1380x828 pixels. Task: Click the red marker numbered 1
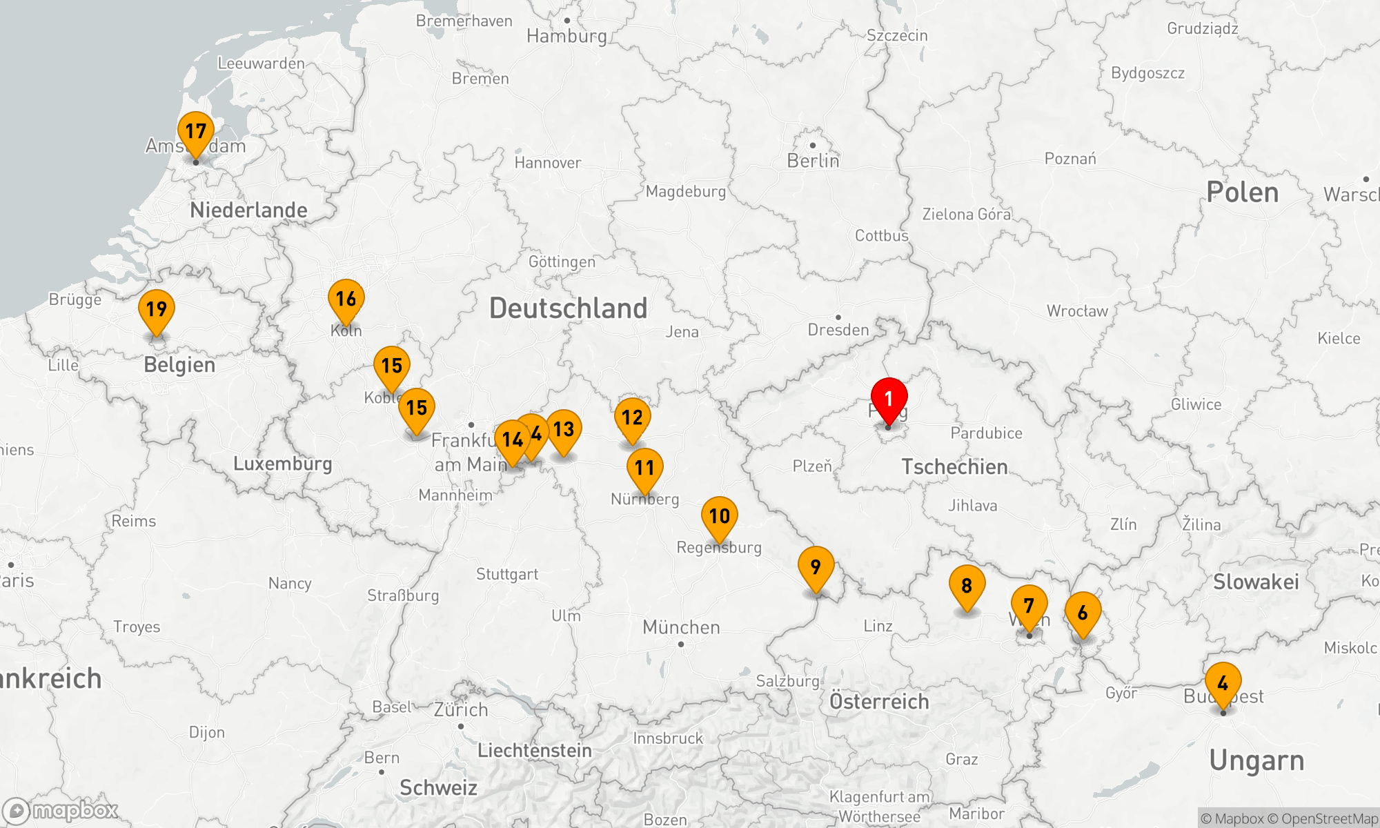pyautogui.click(x=889, y=400)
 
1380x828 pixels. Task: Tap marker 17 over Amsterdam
pyautogui.click(x=196, y=132)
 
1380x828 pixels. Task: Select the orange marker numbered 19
pyautogui.click(x=157, y=310)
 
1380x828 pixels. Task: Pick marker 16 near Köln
pyautogui.click(x=346, y=299)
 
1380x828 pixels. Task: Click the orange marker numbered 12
pyautogui.click(x=632, y=418)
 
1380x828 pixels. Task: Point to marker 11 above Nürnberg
pyautogui.click(x=645, y=469)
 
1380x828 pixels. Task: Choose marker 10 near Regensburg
pyautogui.click(x=720, y=517)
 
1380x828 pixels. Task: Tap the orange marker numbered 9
pyautogui.click(x=816, y=567)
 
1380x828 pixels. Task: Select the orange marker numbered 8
pyautogui.click(x=967, y=586)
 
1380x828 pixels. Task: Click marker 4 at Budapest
pyautogui.click(x=1223, y=684)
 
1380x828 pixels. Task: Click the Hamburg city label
pyautogui.click(x=566, y=36)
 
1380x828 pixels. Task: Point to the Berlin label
pyautogui.click(x=813, y=161)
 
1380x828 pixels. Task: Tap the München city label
pyautogui.click(x=681, y=627)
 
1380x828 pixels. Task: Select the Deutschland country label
pyautogui.click(x=568, y=308)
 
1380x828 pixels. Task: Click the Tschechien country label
pyautogui.click(x=954, y=467)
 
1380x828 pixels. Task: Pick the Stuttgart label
pyautogui.click(x=507, y=574)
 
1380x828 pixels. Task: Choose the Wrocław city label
pyautogui.click(x=1077, y=311)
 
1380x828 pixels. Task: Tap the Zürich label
pyautogui.click(x=461, y=709)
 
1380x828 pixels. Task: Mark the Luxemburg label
pyautogui.click(x=282, y=464)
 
